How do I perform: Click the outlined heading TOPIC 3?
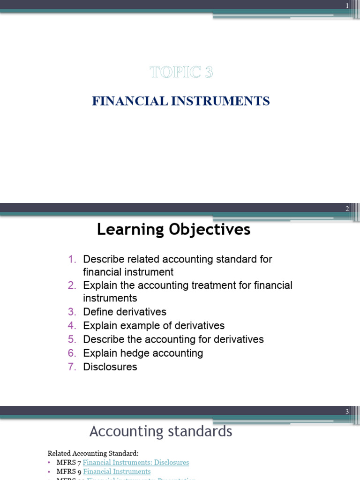point(181,72)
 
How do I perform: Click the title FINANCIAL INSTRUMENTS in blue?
point(181,101)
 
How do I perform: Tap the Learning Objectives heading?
point(173,230)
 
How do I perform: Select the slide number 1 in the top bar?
point(347,6)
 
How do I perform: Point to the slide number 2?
point(347,209)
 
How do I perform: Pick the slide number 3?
point(347,412)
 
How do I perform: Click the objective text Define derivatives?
point(125,312)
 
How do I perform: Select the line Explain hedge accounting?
point(143,353)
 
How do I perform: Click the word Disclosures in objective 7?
point(110,367)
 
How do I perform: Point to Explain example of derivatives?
point(154,326)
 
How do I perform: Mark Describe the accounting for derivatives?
point(173,339)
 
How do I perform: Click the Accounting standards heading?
point(161,431)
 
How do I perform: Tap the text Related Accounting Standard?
point(93,453)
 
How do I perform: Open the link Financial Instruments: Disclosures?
point(136,463)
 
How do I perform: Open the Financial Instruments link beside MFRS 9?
point(117,472)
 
